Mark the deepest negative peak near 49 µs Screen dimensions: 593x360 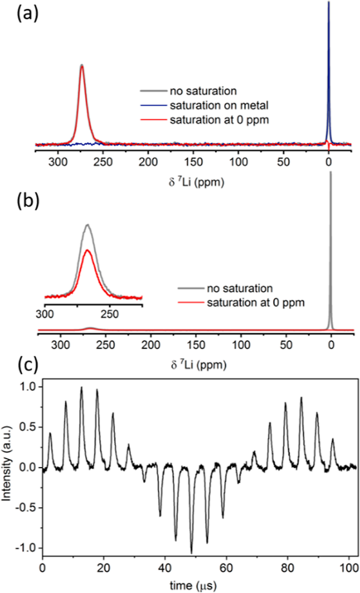click(x=191, y=552)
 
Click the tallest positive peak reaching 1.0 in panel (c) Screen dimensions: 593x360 click(x=82, y=388)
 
